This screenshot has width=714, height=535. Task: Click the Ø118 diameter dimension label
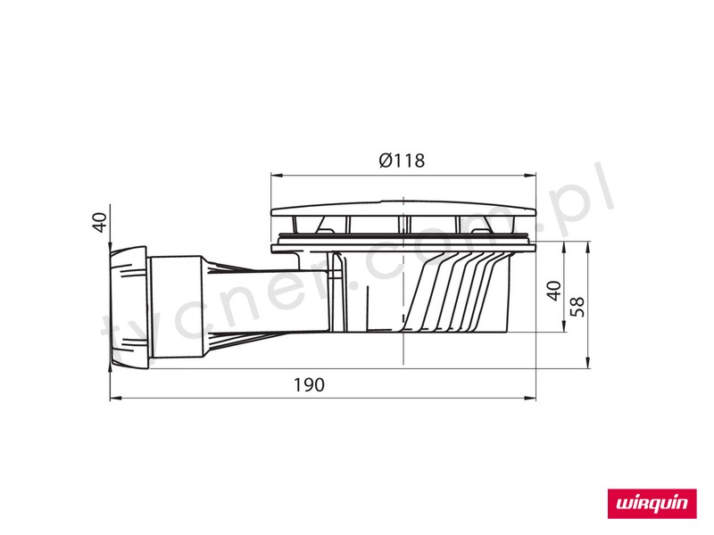(402, 160)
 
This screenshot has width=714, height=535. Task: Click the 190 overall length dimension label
(309, 385)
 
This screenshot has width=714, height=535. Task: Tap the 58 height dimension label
(578, 306)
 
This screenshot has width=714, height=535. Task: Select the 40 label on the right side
(553, 292)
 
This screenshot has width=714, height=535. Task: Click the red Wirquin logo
(652, 504)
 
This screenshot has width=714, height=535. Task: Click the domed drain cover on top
(403, 208)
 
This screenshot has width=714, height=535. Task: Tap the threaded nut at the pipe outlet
(129, 307)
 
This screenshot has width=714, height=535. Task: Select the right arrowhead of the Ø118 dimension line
(530, 175)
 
